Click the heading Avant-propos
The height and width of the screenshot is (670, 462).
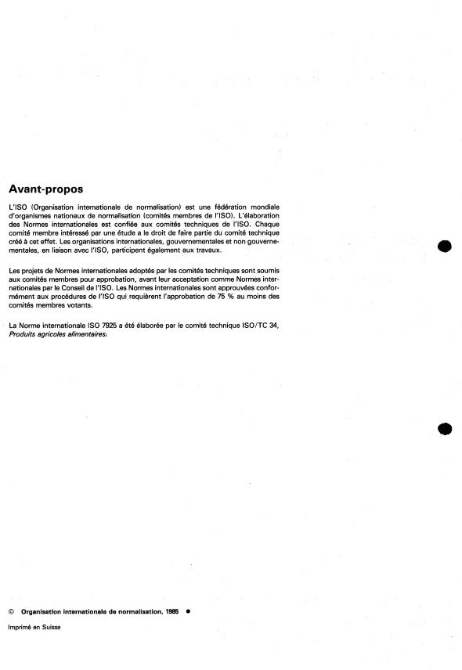pyautogui.click(x=45, y=189)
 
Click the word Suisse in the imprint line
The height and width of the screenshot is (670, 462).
pyautogui.click(x=50, y=626)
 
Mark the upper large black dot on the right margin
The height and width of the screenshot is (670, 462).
pyautogui.click(x=446, y=247)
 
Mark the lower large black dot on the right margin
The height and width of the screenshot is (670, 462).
pyautogui.click(x=446, y=428)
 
